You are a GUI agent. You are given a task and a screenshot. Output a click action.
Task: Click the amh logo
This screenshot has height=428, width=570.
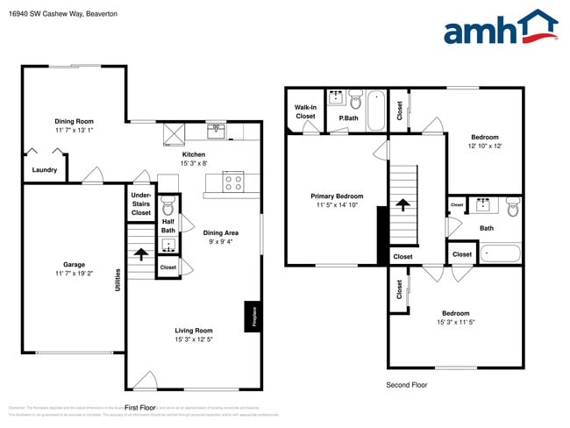pyautogui.click(x=500, y=28)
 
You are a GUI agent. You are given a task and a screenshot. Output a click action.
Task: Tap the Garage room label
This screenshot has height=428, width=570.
pyautogui.click(x=74, y=264)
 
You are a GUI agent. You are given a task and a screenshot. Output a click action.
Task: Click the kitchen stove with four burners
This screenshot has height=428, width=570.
pyautogui.click(x=234, y=182)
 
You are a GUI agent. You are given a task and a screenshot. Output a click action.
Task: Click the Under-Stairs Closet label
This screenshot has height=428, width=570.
pyautogui.click(x=141, y=203)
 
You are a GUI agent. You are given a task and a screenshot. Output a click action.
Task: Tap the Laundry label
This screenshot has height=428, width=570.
pyautogui.click(x=45, y=170)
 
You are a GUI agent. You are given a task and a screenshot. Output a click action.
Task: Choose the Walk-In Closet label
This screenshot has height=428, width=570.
pyautogui.click(x=305, y=112)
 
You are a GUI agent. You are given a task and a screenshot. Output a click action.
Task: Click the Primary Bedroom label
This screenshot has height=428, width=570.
pyautogui.click(x=337, y=196)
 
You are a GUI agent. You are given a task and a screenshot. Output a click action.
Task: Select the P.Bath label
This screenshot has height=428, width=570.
pyautogui.click(x=348, y=118)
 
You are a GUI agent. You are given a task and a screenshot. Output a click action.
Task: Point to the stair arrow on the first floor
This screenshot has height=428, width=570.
pyautogui.click(x=139, y=255)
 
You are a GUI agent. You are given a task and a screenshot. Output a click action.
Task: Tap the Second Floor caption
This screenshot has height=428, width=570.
pyautogui.click(x=407, y=385)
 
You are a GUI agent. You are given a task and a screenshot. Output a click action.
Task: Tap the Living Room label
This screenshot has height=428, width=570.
pyautogui.click(x=192, y=331)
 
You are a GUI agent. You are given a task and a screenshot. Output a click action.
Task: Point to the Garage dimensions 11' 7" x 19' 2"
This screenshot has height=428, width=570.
pyautogui.click(x=74, y=275)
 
